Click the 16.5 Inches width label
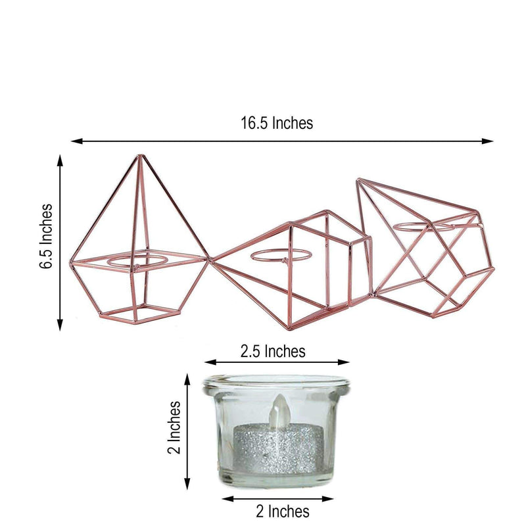tap(277, 122)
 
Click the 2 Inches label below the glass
tap(283, 510)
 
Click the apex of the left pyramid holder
tap(140, 156)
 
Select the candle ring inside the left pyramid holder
tap(137, 261)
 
